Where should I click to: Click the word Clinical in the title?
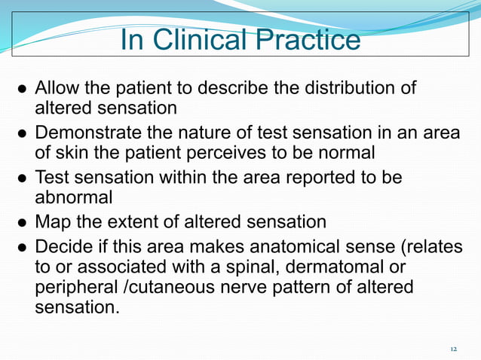[198, 41]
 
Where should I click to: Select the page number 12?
[453, 349]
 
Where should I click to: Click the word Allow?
[59, 89]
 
